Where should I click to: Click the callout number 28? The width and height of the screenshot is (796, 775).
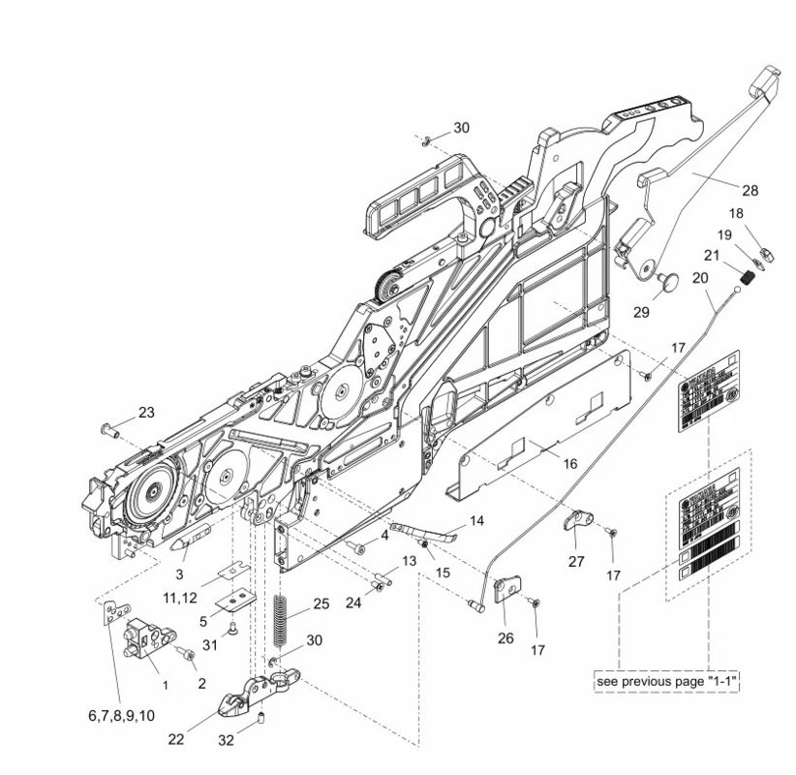(x=750, y=190)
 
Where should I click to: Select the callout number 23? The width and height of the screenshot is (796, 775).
(x=145, y=412)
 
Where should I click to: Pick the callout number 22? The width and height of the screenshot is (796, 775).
(x=175, y=739)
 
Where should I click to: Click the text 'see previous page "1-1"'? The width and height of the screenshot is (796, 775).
(x=667, y=682)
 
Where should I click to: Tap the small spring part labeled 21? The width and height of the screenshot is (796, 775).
(x=747, y=279)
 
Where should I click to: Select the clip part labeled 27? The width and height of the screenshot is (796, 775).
(x=577, y=524)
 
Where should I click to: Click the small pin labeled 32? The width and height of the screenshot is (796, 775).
(x=262, y=717)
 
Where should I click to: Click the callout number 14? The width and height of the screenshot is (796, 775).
(x=476, y=520)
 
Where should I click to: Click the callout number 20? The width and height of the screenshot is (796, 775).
(x=700, y=278)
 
